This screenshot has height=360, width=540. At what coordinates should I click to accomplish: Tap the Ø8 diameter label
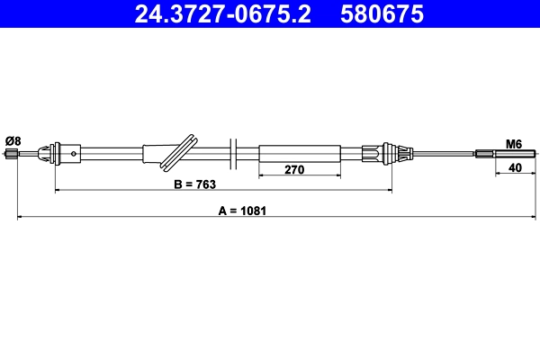13,139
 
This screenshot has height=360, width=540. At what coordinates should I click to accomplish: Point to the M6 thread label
514,143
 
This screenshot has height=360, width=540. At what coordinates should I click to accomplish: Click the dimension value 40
515,166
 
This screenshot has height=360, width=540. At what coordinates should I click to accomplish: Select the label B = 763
194,184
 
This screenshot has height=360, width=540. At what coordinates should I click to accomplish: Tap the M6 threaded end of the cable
495,153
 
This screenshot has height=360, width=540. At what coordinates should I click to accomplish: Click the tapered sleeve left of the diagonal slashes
157,153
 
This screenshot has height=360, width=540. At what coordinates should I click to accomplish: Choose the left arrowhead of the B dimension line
59,191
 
